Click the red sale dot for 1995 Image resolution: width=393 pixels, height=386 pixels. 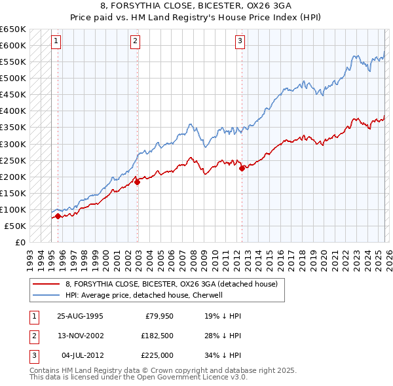click(x=58, y=216)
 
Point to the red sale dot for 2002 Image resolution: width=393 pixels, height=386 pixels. click(x=137, y=183)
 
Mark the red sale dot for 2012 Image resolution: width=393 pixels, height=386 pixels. click(x=242, y=168)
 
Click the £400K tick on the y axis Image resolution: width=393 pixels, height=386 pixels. click(x=13, y=111)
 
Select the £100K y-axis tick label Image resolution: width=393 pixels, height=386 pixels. click(x=13, y=209)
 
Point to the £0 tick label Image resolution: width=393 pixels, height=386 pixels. click(x=20, y=242)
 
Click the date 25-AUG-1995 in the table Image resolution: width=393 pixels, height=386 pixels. click(x=80, y=315)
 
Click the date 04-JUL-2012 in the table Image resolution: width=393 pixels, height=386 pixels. click(x=81, y=356)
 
